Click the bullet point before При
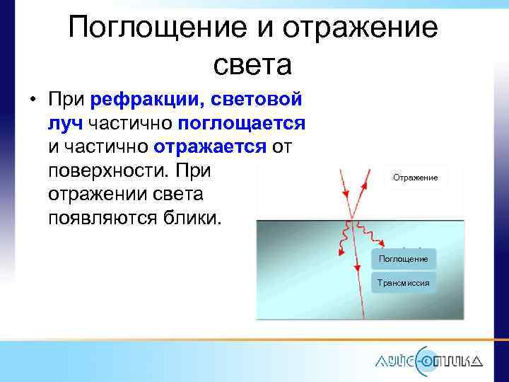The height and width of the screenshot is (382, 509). [33, 99]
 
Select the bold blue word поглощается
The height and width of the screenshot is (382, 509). [241, 124]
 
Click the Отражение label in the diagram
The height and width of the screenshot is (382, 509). [415, 178]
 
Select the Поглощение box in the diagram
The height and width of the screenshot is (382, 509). [403, 259]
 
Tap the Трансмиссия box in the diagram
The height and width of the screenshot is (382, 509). [403, 282]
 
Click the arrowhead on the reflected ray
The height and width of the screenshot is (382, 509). [365, 185]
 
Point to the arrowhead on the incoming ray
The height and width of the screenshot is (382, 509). [346, 193]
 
